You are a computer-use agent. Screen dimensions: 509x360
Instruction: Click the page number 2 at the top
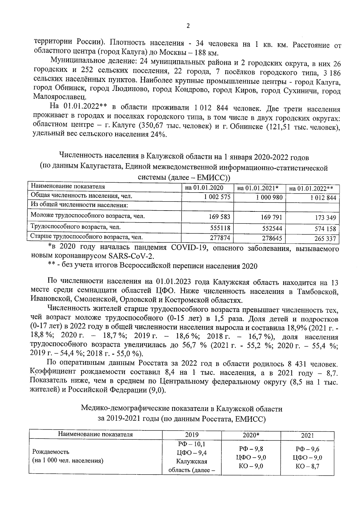tap(188, 26)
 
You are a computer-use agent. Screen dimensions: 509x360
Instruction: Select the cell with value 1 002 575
tap(217, 197)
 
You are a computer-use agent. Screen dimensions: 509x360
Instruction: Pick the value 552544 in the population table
tap(272, 228)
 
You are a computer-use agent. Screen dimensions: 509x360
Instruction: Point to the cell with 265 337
tap(325, 239)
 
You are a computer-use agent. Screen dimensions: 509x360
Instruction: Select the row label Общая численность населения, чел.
tap(82, 196)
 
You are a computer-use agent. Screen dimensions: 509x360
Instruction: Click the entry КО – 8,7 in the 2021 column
tap(307, 466)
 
